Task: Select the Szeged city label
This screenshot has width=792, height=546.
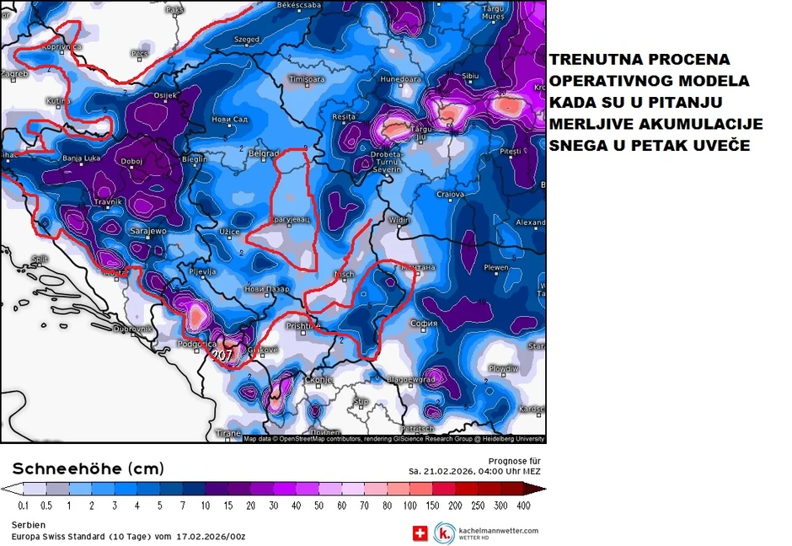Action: pyautogui.click(x=246, y=40)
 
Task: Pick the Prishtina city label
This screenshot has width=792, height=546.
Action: pyautogui.click(x=304, y=325)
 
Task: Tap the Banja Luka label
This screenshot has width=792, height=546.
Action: pyautogui.click(x=82, y=158)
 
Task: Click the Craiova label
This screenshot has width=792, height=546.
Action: pyautogui.click(x=451, y=194)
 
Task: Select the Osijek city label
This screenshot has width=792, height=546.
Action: pyautogui.click(x=166, y=96)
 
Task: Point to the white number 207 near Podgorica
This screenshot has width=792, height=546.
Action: pyautogui.click(x=222, y=356)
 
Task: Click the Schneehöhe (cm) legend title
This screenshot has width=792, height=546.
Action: pyautogui.click(x=88, y=468)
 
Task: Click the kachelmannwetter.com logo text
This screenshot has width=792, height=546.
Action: pyautogui.click(x=498, y=529)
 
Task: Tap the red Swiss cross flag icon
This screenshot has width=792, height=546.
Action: pyautogui.click(x=420, y=533)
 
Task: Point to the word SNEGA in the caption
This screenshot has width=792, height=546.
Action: pyautogui.click(x=578, y=145)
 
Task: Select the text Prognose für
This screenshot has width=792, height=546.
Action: pyautogui.click(x=514, y=461)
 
